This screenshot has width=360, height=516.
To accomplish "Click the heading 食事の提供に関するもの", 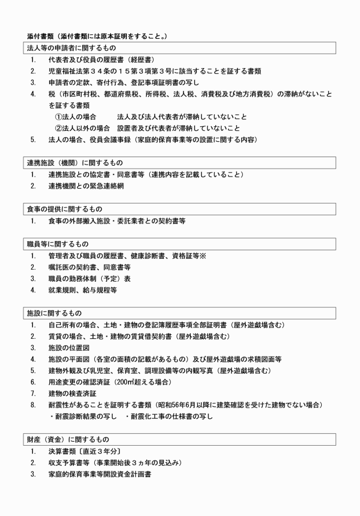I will (x=64, y=209).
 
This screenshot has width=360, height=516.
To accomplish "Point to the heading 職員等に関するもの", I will (x=56, y=244).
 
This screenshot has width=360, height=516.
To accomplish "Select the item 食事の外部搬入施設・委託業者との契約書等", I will (x=117, y=220).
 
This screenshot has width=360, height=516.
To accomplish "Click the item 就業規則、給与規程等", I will (x=83, y=290).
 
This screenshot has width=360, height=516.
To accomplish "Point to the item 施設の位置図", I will (x=69, y=347).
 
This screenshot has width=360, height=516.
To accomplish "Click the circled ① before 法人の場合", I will (x=58, y=117).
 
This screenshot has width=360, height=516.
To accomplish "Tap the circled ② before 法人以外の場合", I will (x=58, y=128).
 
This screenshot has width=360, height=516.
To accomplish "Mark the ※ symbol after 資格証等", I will (x=202, y=255).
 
